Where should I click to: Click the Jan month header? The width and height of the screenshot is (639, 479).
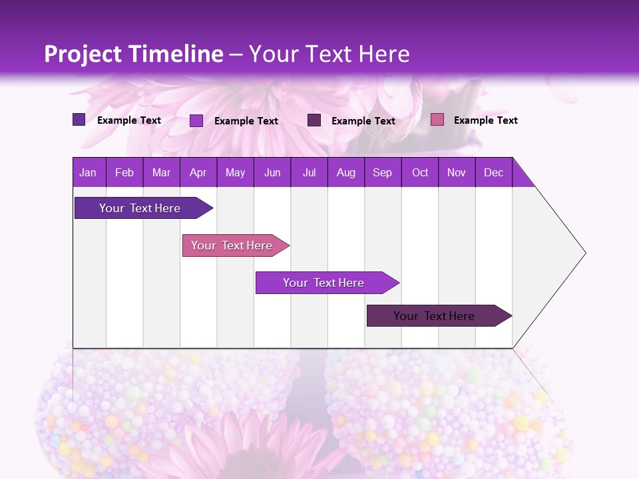pyautogui.click(x=88, y=172)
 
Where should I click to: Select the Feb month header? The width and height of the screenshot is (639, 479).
pyautogui.click(x=124, y=172)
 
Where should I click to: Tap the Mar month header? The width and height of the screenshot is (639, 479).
pyautogui.click(x=161, y=172)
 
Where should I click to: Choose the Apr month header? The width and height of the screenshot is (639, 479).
pyautogui.click(x=198, y=172)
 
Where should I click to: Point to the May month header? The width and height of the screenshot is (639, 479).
pyautogui.click(x=235, y=172)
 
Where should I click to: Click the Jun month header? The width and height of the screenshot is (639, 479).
pyautogui.click(x=272, y=172)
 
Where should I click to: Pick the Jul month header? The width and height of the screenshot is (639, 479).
pyautogui.click(x=309, y=172)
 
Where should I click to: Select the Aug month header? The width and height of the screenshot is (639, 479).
pyautogui.click(x=346, y=172)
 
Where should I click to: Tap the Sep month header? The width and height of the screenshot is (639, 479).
pyautogui.click(x=383, y=172)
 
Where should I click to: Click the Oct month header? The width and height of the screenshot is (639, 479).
pyautogui.click(x=420, y=172)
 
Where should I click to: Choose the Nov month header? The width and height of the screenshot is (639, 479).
pyautogui.click(x=457, y=172)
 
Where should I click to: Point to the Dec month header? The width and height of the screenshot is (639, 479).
pyautogui.click(x=494, y=172)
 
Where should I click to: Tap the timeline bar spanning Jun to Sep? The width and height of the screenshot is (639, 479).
pyautogui.click(x=324, y=283)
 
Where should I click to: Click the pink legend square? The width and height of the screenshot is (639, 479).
pyautogui.click(x=437, y=120)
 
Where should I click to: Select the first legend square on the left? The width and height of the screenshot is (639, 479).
pyautogui.click(x=79, y=120)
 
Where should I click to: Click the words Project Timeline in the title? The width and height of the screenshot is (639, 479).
pyautogui.click(x=134, y=54)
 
